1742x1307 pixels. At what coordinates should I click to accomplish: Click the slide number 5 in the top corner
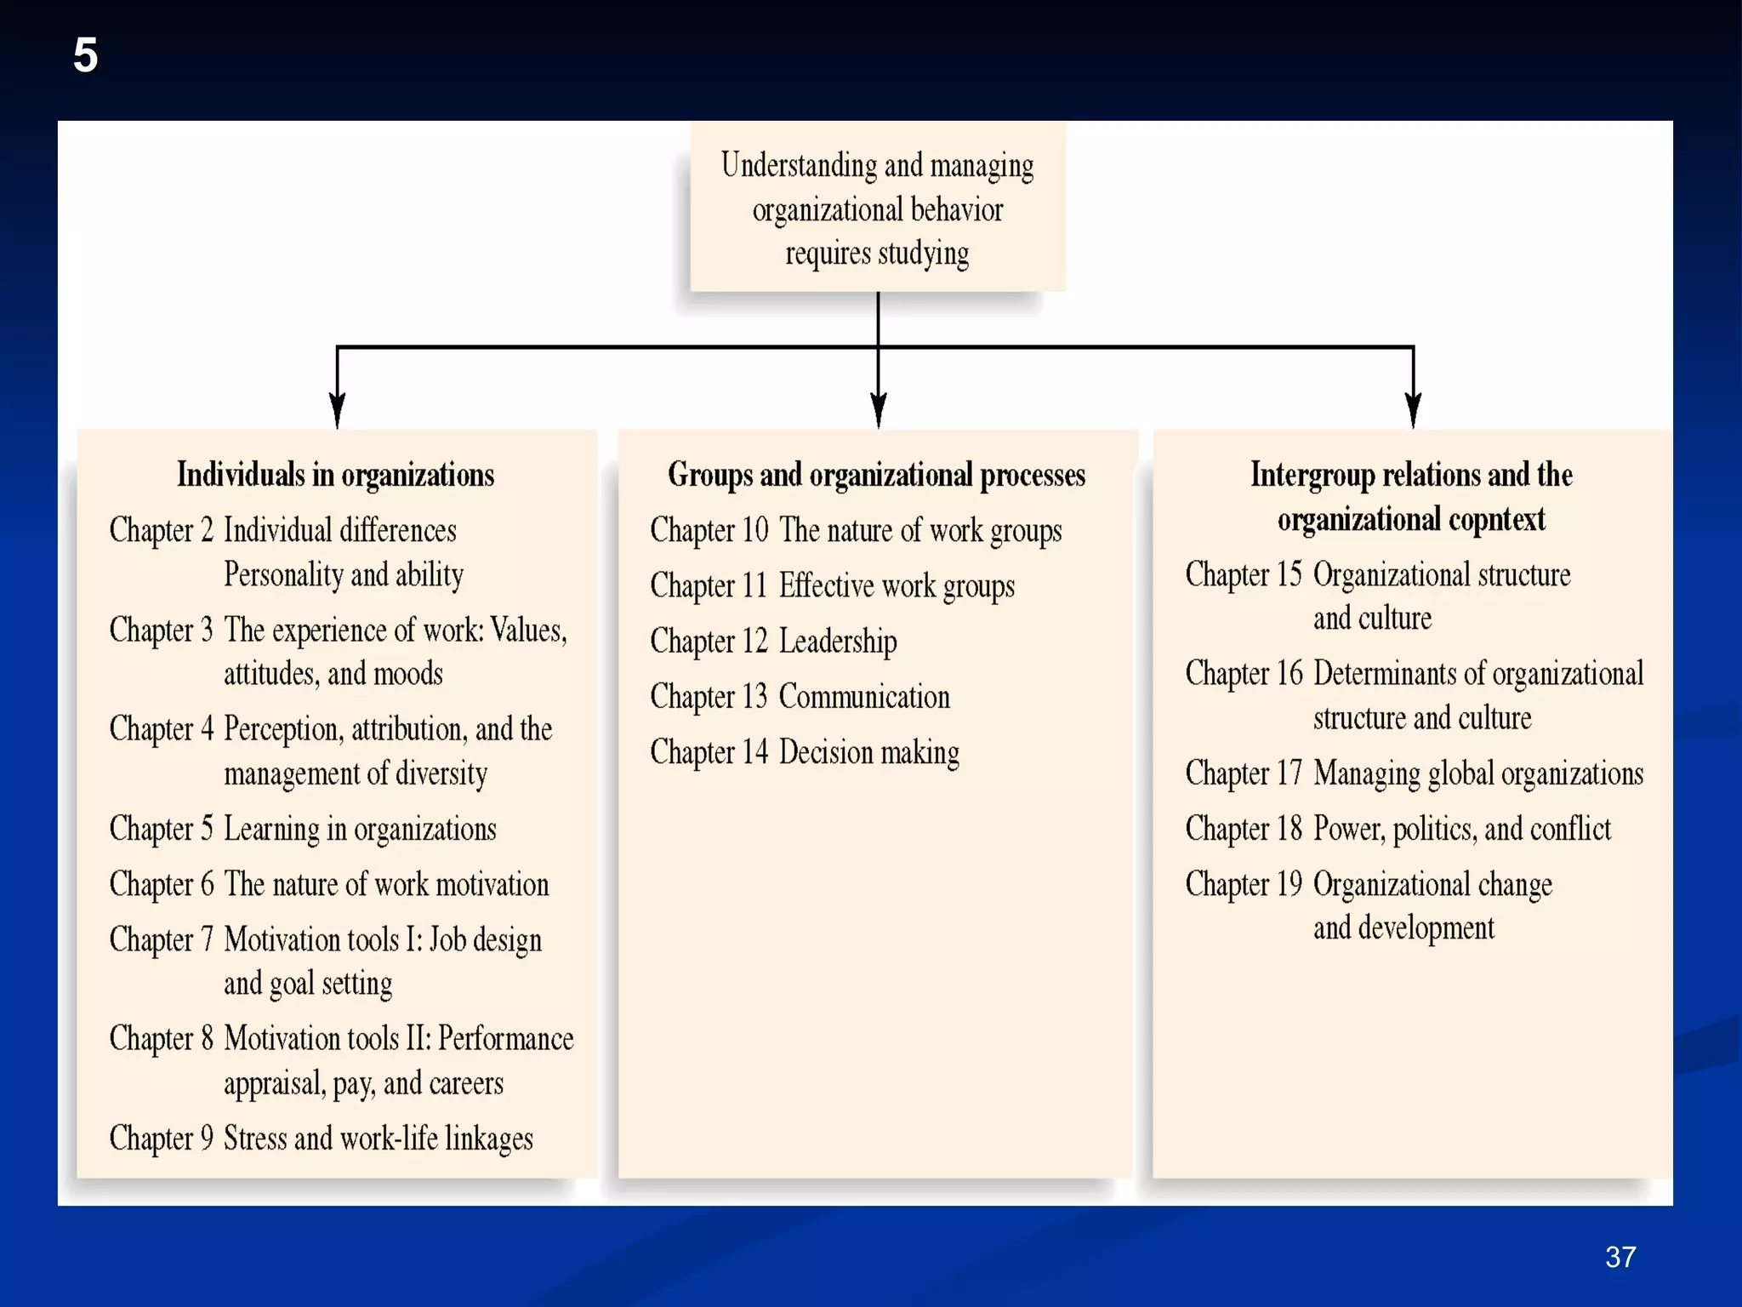coord(85,55)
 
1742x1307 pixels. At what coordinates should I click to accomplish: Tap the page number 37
coord(1620,1257)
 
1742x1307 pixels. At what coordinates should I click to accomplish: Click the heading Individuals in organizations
coord(335,475)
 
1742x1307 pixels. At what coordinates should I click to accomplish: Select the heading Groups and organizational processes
coord(876,475)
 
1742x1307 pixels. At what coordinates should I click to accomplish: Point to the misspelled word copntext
coord(1496,519)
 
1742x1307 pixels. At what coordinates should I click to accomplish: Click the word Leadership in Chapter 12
coord(838,642)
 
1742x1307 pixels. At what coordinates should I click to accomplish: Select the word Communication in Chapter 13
coord(864,697)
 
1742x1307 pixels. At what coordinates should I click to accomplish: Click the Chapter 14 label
coord(709,752)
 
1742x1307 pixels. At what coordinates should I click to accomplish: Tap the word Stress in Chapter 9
coord(255,1139)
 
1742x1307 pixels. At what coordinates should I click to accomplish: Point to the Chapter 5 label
coord(161,829)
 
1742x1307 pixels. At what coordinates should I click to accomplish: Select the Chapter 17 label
coord(1243,773)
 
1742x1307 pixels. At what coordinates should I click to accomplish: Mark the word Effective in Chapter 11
coord(826,586)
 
